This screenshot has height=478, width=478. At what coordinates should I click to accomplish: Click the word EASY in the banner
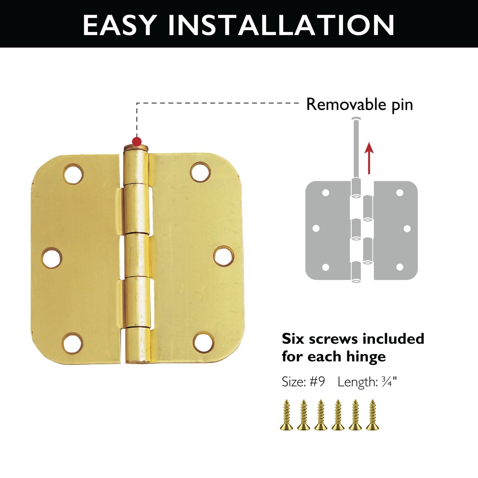point(119,25)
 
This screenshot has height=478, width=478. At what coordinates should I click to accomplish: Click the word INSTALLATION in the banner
point(281,25)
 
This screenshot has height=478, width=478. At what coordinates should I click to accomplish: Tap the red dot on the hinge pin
point(137,142)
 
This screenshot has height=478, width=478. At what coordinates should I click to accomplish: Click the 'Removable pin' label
point(360,105)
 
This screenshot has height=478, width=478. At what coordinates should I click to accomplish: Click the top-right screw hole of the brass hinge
point(200,172)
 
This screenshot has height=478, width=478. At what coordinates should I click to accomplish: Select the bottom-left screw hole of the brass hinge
point(73,343)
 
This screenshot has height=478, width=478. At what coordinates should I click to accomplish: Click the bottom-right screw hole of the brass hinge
point(203,343)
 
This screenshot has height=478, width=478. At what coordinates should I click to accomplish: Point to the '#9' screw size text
point(317,382)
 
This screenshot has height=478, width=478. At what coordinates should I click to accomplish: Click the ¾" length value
point(389,382)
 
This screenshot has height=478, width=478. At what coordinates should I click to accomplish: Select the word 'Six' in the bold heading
point(293,339)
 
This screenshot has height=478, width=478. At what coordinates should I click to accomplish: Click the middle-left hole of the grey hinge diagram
point(316,228)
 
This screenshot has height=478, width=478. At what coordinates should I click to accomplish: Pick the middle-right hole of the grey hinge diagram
point(407,229)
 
